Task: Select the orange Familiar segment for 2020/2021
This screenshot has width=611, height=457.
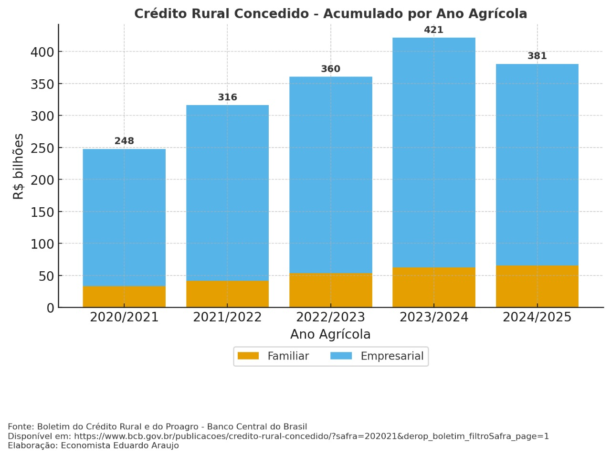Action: [124, 297]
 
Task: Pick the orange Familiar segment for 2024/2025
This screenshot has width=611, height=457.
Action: [537, 286]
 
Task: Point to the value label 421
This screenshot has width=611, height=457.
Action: [433, 30]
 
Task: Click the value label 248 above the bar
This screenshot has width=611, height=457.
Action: [124, 141]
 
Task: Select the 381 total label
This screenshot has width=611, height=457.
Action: [537, 56]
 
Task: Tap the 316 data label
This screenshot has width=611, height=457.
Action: [227, 97]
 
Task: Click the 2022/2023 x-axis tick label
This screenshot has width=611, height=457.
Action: [330, 317]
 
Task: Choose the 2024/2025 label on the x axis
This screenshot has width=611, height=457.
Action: [537, 317]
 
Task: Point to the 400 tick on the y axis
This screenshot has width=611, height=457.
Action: [42, 52]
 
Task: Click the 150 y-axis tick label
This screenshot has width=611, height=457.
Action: [42, 212]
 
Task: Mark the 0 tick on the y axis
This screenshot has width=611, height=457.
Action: [50, 308]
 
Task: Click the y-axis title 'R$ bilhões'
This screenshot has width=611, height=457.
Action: [18, 166]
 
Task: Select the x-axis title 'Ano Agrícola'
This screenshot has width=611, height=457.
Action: [330, 334]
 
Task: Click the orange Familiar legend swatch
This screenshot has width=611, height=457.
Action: [248, 356]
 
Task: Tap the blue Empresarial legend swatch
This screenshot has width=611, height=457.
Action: [341, 356]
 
